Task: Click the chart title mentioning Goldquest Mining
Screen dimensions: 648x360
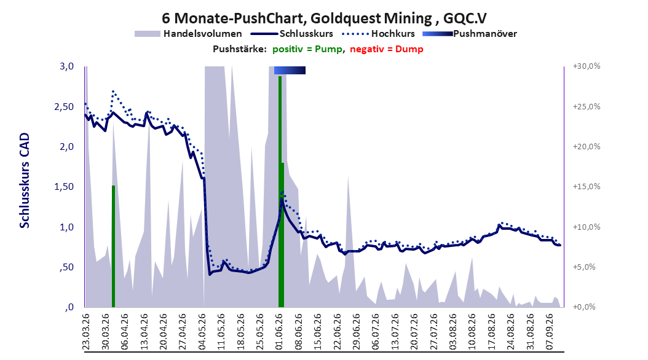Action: tap(324, 18)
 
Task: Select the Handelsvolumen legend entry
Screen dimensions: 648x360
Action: tap(188, 34)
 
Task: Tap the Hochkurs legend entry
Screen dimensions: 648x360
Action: tap(378, 34)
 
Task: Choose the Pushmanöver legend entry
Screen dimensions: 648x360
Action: tap(470, 34)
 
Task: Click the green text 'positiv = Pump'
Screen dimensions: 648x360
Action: tap(307, 49)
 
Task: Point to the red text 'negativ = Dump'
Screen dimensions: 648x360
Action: tap(387, 49)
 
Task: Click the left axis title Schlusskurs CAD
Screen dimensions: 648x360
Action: tap(25, 180)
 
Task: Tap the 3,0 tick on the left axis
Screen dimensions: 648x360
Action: tap(66, 66)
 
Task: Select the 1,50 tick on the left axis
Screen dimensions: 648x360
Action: tap(64, 187)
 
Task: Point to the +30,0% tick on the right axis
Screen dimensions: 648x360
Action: tap(587, 66)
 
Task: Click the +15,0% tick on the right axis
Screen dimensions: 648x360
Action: tap(587, 187)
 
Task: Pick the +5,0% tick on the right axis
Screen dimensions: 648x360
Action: tap(584, 267)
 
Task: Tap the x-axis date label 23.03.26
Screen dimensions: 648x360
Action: tap(86, 332)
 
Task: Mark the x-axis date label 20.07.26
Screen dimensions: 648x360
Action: tap(414, 332)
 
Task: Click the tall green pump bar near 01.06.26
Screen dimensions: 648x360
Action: tap(280, 192)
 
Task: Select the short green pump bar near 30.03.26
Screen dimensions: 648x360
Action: tap(113, 246)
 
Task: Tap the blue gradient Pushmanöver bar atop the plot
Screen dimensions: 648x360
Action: tap(290, 70)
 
